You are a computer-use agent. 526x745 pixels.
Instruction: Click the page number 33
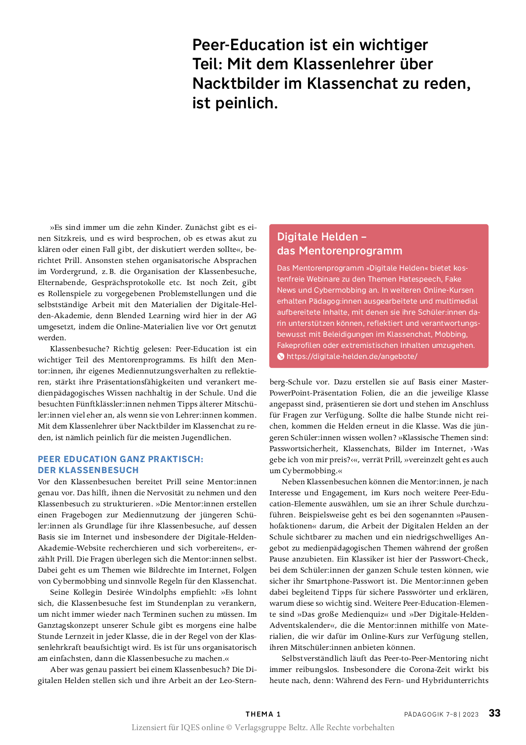tap(494, 713)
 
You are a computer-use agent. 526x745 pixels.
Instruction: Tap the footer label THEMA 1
tap(263, 714)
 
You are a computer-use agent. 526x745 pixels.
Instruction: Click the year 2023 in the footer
tap(470, 714)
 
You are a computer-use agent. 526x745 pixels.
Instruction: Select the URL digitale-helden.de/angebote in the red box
tap(352, 356)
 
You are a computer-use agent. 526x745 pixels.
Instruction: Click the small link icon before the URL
tap(280, 356)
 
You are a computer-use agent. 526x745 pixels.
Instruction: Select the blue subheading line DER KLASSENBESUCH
tap(88, 470)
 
